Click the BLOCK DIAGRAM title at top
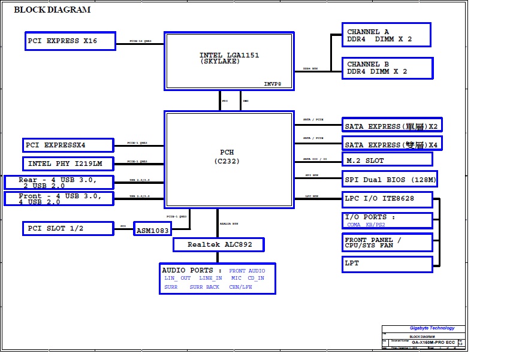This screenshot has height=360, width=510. [x=52, y=10]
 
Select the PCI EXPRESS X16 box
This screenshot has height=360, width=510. [x=69, y=41]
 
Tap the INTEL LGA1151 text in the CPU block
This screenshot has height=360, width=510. [x=230, y=56]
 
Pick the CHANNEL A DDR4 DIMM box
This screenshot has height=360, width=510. [x=386, y=35]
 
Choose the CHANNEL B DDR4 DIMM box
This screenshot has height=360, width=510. [x=387, y=68]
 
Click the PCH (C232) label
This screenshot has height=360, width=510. [x=227, y=157]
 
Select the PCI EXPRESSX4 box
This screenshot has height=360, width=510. [x=68, y=145]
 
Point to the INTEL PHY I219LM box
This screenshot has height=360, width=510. [x=68, y=164]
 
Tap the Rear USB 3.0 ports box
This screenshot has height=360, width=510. [x=59, y=182]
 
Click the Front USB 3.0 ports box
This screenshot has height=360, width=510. [x=59, y=199]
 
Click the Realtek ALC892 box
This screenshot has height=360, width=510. [x=218, y=244]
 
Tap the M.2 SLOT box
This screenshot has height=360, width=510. [x=387, y=161]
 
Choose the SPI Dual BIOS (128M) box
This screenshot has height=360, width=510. [x=390, y=179]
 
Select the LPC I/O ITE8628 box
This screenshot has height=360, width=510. [x=387, y=198]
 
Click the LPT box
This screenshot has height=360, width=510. [x=387, y=264]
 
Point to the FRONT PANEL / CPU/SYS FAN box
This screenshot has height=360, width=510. [x=387, y=243]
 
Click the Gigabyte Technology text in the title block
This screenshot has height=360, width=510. [x=432, y=328]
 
